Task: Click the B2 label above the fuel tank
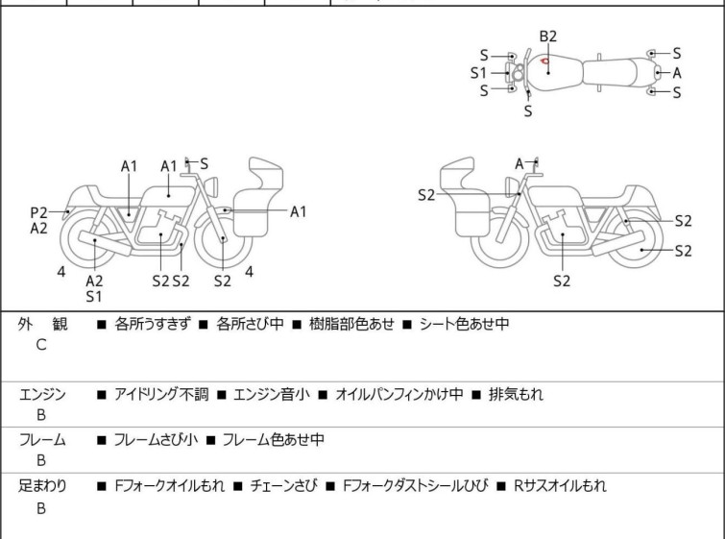coord(548,37)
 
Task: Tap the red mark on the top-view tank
coord(545,61)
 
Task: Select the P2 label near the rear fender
coord(38,213)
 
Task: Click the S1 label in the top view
coord(478,73)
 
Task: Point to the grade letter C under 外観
coord(41,345)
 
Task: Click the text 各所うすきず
coord(152,324)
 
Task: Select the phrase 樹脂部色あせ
coord(351,324)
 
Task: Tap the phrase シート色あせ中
coord(464,324)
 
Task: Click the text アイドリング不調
coord(161,394)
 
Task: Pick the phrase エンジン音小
coord(272,394)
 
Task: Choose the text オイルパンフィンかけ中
coord(399,394)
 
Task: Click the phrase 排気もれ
coord(516,394)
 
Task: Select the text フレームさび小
coord(156,439)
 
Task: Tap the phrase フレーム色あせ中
coord(274,439)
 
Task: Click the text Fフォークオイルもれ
coord(170,486)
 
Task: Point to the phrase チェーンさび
coord(284,486)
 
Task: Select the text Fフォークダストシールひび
coord(415,486)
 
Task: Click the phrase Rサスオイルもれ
coord(560,486)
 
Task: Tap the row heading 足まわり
coord(42,486)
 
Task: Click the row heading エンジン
coord(42,394)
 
